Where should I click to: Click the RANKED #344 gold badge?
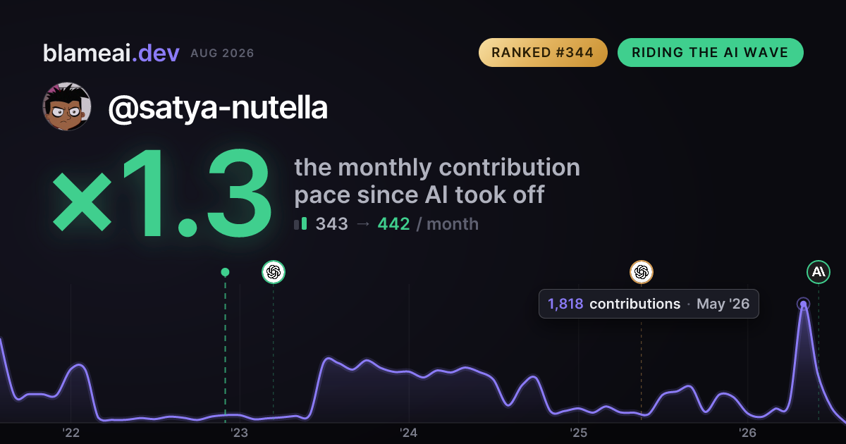point(543,52)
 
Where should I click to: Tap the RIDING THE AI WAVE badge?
point(710,52)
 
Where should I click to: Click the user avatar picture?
point(67,107)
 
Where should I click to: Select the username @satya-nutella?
point(218,108)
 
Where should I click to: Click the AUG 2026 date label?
point(222,54)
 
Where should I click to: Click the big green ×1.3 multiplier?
point(161,192)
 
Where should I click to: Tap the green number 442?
point(393,224)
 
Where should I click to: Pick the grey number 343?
point(331,224)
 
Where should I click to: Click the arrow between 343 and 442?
point(363,224)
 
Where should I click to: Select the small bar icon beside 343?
point(300,224)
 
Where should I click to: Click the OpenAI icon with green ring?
point(274,272)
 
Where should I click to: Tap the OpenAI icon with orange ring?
point(642,272)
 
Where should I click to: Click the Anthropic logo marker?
point(819,272)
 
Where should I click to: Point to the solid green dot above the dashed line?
point(225,272)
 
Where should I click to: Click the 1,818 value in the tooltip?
point(565,304)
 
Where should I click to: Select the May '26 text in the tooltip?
point(723,304)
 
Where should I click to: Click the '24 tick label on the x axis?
point(408,433)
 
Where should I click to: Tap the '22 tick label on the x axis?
point(70,433)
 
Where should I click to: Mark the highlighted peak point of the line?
point(803,304)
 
